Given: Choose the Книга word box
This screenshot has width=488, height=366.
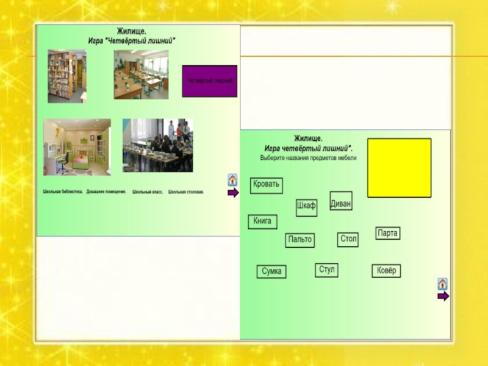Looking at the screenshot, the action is (262, 222).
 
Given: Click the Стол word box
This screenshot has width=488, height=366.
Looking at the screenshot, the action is (348, 240).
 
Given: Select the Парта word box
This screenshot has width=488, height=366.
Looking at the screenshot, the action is (387, 234).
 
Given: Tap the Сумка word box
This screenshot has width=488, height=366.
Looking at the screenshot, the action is (271, 272).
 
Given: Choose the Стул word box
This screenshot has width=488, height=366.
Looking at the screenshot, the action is (326, 270).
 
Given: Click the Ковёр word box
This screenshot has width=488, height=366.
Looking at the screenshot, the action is (386, 271).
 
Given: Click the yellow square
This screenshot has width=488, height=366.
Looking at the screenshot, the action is (399, 168).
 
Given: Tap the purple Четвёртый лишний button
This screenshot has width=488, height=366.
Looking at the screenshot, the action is (209, 81).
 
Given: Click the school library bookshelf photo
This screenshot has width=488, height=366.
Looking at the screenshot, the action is (66, 76).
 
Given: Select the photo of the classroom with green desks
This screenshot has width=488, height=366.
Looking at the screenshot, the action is (141, 74).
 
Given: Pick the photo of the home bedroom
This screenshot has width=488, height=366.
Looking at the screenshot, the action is (77, 147).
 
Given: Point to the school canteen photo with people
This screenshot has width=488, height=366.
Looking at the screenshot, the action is (157, 145).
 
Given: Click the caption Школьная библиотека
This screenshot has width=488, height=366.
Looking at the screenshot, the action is (61, 192).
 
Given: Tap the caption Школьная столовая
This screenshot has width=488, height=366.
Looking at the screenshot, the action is (186, 192).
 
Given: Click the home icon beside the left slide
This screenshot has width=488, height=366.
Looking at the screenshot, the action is (232, 180).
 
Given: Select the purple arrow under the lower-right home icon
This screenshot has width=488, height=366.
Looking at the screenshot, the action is (443, 296).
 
